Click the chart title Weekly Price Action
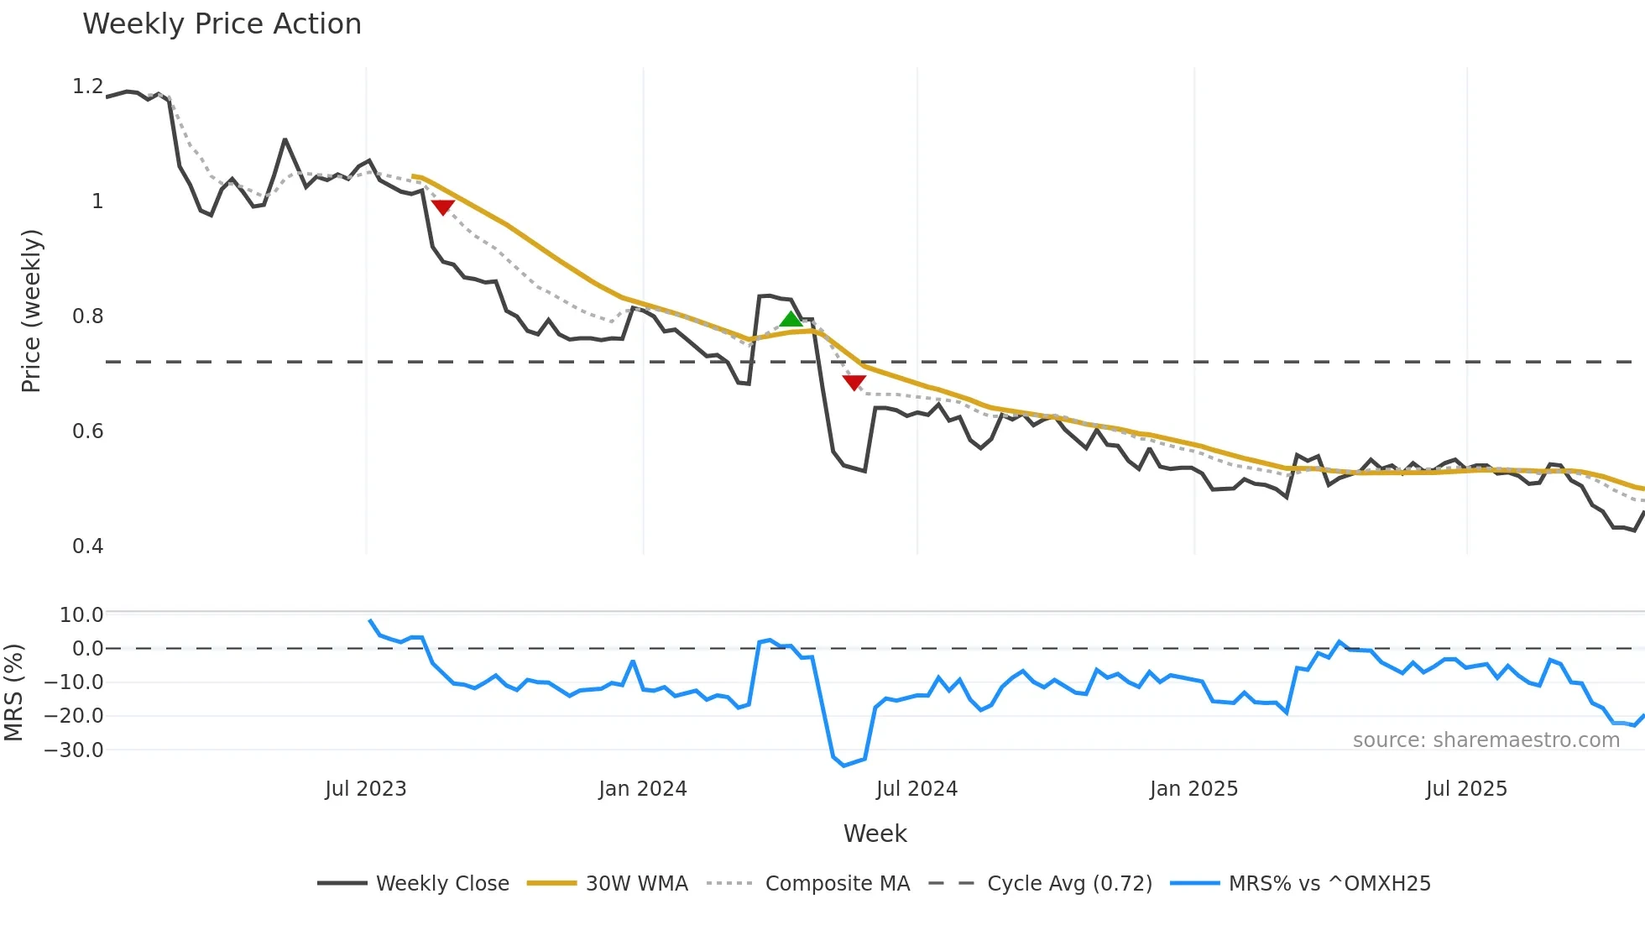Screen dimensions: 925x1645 pos(222,24)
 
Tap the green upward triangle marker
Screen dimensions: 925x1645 pos(791,319)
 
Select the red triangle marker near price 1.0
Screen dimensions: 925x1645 pos(442,206)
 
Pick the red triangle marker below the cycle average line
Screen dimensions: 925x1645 pos(854,383)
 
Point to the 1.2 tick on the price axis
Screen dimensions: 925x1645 pos(87,86)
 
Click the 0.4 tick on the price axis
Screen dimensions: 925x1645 pos(87,546)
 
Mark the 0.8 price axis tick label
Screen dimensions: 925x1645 pos(87,316)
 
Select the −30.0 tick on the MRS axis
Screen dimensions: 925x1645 pos(74,750)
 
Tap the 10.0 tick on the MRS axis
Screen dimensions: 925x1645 pos(81,615)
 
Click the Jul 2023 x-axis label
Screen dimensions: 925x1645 pos(365,789)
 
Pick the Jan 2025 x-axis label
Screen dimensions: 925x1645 pos(1193,789)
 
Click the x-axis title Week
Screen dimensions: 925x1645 pos(875,834)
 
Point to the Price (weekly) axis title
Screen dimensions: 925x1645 pos(31,311)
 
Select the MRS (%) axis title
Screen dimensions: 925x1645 pos(13,692)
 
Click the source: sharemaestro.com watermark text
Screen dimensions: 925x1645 pos(1486,740)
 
